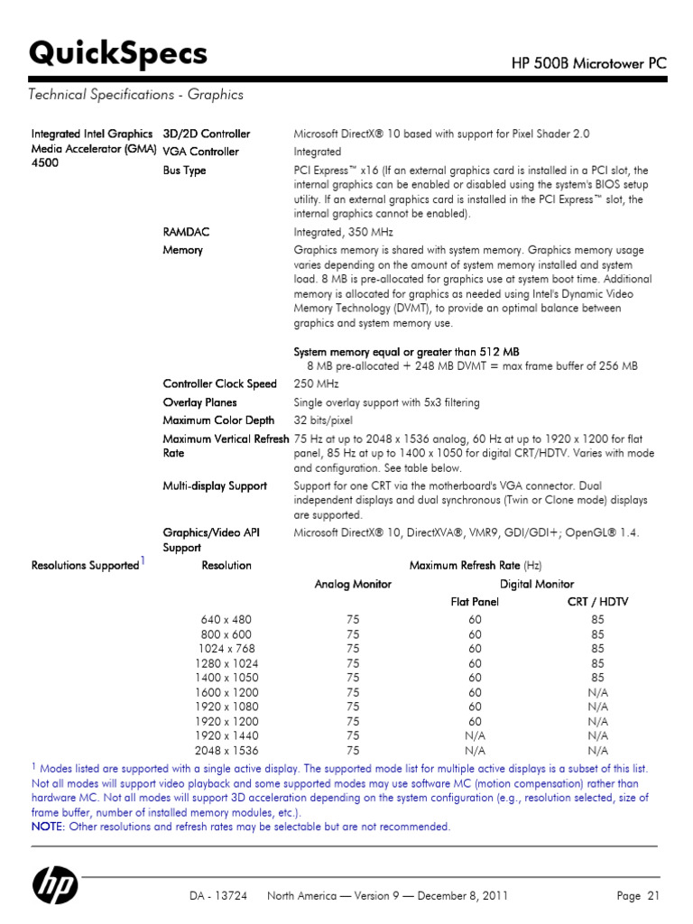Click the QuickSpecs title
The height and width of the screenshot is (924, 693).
coord(118,55)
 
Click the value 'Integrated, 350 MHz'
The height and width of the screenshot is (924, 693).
coord(344,232)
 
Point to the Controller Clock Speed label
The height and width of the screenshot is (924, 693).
coord(219,383)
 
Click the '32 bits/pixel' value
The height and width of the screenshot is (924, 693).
coord(323,420)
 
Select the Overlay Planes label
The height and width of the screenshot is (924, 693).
coord(199,402)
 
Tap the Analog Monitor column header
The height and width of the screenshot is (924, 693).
coord(352,584)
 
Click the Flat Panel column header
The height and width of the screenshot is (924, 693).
coord(475,602)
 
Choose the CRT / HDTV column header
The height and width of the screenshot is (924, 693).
coord(597,602)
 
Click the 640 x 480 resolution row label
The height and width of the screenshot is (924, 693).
coord(226,620)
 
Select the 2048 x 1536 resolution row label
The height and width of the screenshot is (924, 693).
coord(226,750)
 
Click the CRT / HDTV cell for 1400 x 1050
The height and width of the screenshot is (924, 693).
coord(597,678)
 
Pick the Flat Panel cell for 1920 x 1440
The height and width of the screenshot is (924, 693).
coord(475,735)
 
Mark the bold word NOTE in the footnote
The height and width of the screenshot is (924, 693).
coord(47,827)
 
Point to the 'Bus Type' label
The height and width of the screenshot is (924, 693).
coord(184,170)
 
